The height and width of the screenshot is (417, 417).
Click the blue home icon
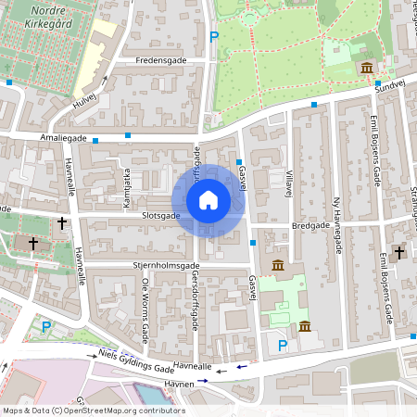click(x=208, y=200)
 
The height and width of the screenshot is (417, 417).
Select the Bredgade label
click(x=310, y=224)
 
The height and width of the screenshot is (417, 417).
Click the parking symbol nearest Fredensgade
click(x=214, y=37)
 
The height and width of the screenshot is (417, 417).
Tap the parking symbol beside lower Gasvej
click(x=283, y=346)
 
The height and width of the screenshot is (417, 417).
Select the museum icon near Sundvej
click(x=367, y=69)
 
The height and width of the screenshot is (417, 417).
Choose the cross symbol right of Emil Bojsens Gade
click(x=400, y=251)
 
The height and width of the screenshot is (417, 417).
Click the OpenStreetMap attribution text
click(x=93, y=410)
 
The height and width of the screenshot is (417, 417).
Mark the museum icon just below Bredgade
click(x=278, y=267)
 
